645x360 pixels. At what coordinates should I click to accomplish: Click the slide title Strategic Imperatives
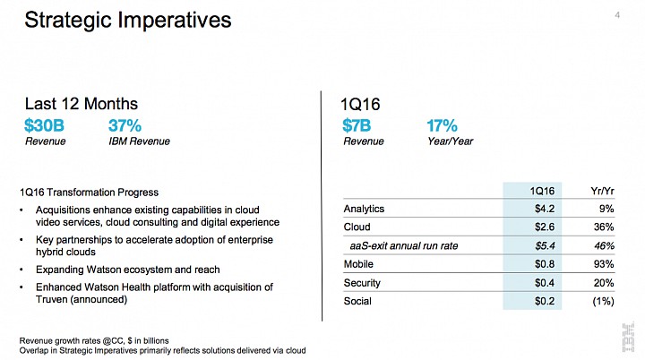128,21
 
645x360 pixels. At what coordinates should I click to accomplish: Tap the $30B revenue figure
44,125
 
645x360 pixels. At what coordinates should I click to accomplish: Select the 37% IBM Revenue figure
125,125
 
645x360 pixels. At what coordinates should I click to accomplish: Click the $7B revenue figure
357,125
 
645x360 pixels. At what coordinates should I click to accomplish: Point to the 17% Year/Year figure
442,125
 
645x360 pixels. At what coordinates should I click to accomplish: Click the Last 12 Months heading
81,104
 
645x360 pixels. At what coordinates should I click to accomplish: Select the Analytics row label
364,209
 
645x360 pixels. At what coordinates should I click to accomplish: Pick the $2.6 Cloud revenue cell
545,227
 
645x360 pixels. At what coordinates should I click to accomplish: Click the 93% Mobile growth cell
604,264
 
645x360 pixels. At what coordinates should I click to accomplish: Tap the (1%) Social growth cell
603,301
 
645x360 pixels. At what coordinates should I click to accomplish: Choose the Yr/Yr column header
602,191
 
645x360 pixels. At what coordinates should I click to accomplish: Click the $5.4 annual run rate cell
545,246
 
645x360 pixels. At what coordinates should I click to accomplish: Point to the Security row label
362,283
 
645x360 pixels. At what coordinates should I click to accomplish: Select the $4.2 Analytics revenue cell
545,209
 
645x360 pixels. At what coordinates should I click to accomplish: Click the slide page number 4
617,15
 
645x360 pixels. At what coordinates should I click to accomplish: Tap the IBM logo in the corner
628,338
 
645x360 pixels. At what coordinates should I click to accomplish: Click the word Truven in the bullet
51,299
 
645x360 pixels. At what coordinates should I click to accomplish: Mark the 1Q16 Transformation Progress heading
89,193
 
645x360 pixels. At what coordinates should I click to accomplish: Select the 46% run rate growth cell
604,246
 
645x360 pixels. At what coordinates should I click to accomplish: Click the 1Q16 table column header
542,191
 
